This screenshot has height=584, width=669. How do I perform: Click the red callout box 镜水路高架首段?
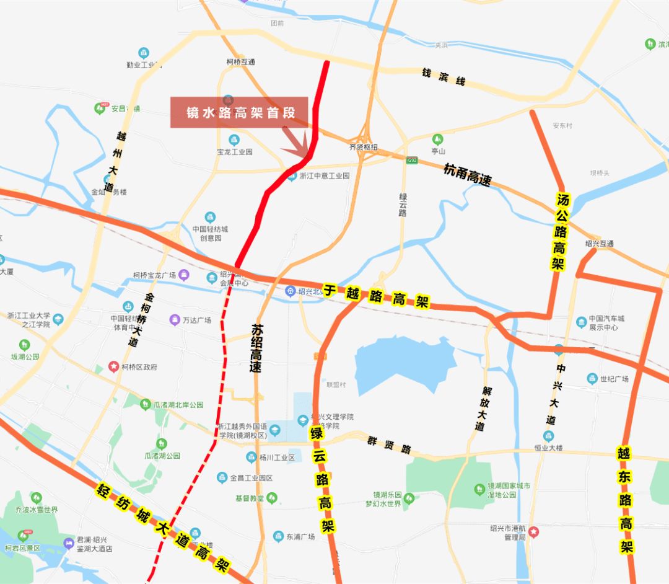click(238, 112)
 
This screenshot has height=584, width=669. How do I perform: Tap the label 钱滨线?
click(444, 77)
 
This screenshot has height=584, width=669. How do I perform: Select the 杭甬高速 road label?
click(468, 174)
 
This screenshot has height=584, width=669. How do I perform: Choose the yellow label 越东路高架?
click(624, 498)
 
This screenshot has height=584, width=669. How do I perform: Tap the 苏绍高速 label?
click(256, 348)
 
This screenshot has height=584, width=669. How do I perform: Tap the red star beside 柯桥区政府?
click(114, 366)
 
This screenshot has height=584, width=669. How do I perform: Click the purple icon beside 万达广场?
click(174, 320)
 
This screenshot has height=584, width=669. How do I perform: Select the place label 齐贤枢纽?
click(363, 147)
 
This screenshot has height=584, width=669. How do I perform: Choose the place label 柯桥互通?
click(240, 62)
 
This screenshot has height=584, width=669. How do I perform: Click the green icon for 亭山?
click(438, 138)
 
